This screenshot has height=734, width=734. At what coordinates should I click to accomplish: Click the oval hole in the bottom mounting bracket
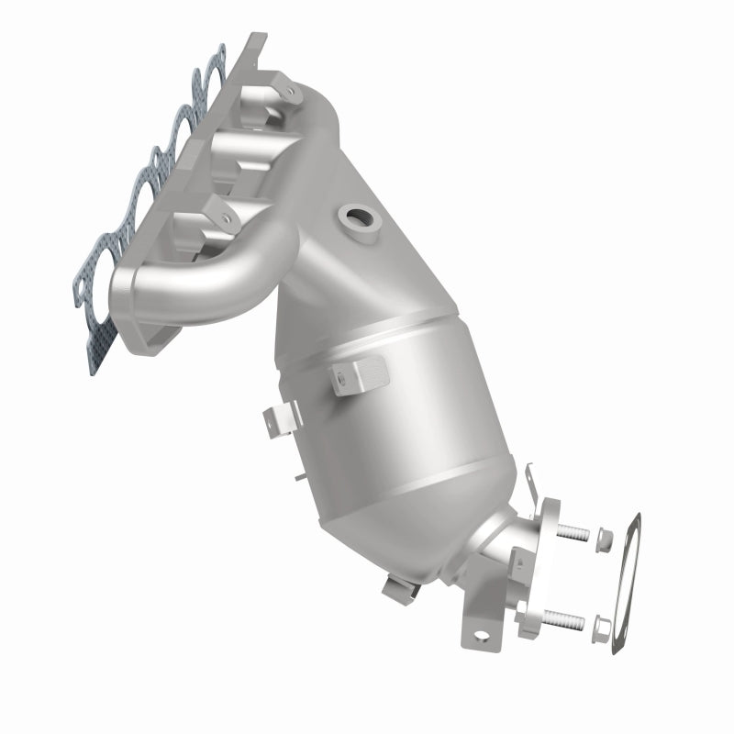pyautogui.click(x=479, y=633)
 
